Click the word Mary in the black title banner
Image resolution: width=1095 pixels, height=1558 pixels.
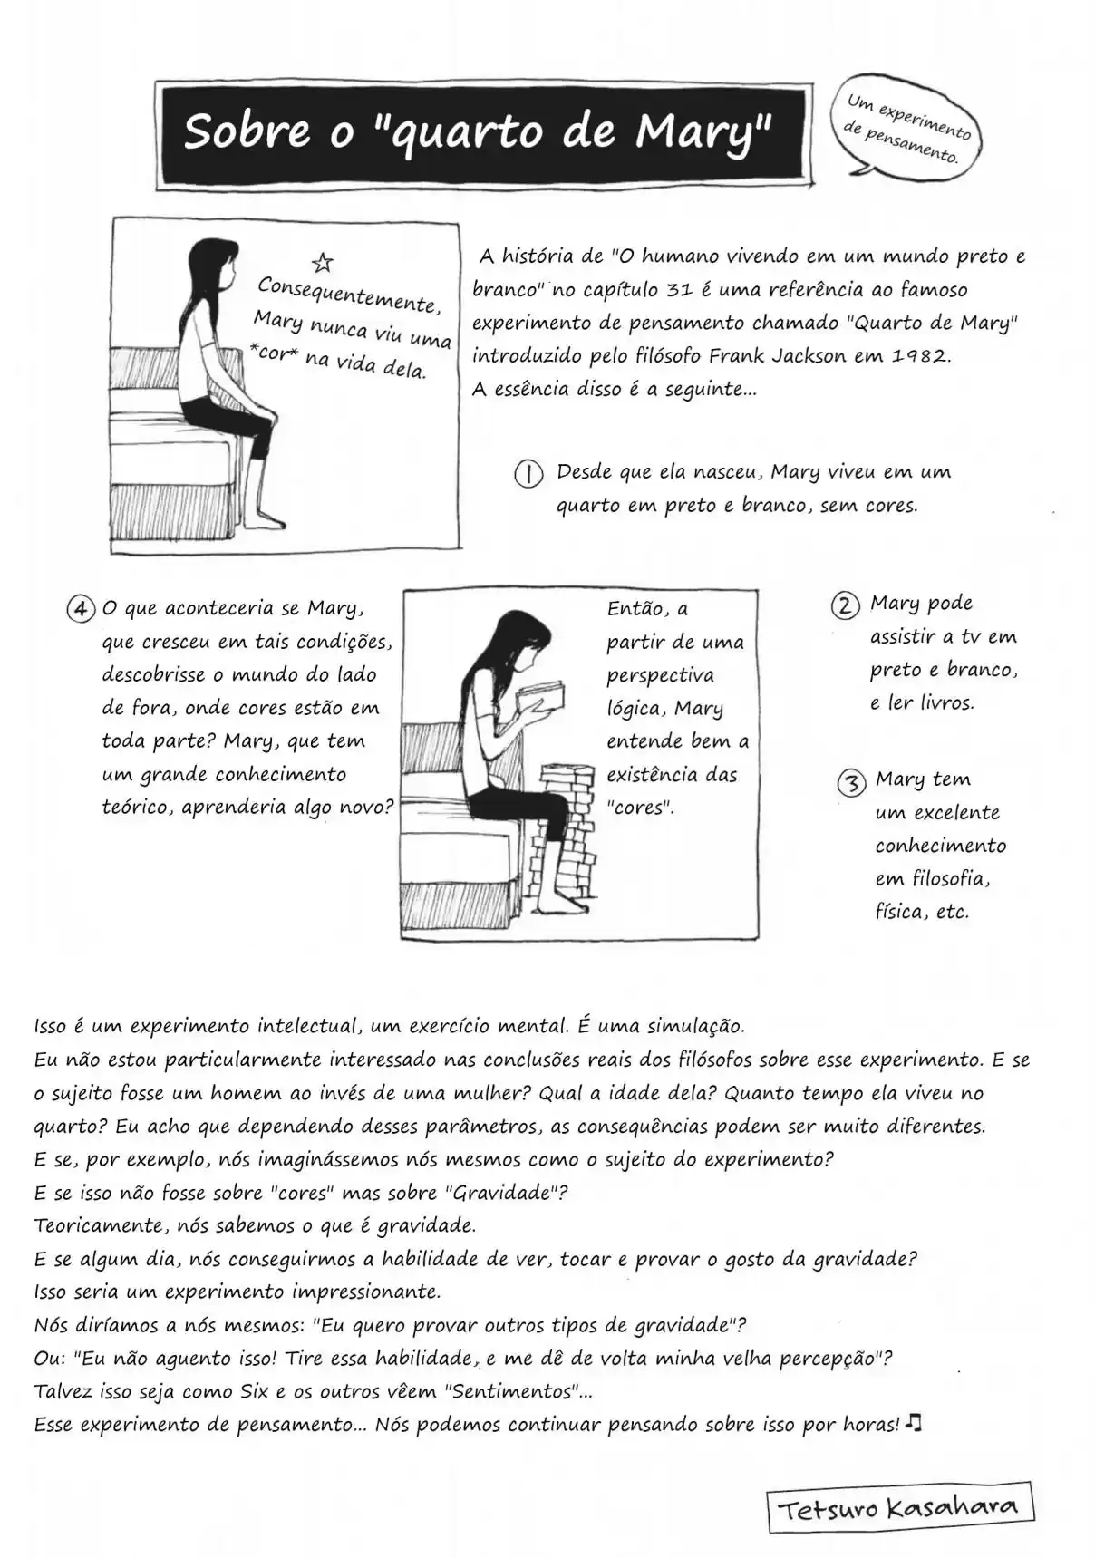point(703,131)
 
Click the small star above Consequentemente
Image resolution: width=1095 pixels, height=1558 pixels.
point(322,263)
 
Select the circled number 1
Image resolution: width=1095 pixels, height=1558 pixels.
point(528,473)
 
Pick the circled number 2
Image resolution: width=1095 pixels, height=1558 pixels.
point(845,605)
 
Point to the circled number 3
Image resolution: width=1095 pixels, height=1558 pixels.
point(850,781)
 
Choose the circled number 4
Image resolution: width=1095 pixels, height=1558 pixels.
point(81,608)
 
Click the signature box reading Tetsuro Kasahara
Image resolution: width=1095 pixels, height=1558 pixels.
point(901,1507)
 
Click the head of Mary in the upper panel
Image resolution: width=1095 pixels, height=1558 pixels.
point(215,265)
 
